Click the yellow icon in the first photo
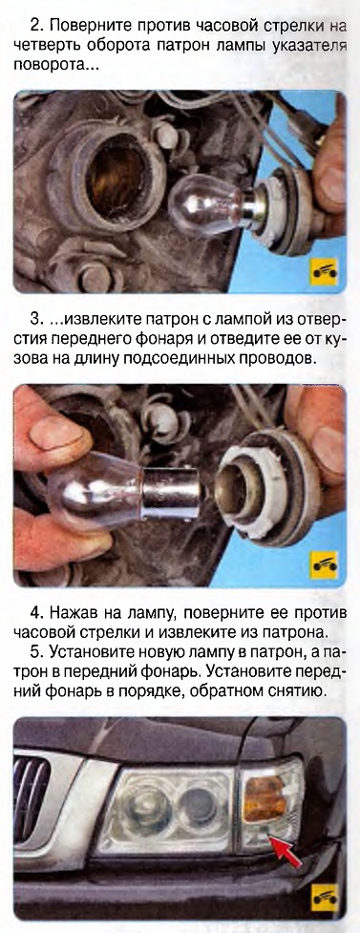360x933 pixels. [323, 272]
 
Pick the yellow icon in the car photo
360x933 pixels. [324, 896]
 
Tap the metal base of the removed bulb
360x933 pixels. [170, 492]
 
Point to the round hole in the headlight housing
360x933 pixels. [116, 169]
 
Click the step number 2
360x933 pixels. [33, 27]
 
